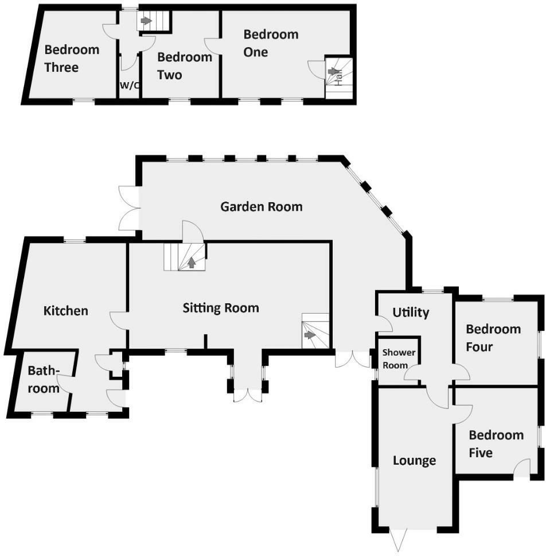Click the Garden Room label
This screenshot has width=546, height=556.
(262, 206)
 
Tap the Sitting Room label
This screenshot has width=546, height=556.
(221, 308)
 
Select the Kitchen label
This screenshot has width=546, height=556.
(65, 311)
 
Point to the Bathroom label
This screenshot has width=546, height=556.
(44, 380)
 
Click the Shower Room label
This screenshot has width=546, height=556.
(399, 358)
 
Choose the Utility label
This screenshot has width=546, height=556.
(411, 312)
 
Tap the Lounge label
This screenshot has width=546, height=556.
(414, 460)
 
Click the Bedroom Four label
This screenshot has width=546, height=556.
(493, 338)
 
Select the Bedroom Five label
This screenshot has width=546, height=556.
(496, 443)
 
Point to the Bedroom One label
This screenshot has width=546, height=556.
(271, 43)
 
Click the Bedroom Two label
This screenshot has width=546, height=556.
(185, 65)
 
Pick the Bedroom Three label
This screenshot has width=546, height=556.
(72, 58)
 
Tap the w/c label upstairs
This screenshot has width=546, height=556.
(130, 86)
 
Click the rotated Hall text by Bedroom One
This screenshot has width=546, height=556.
(339, 79)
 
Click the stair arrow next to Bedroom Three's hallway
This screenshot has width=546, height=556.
(146, 21)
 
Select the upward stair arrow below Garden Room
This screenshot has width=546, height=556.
(191, 262)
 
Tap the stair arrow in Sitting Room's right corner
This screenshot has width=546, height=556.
(310, 335)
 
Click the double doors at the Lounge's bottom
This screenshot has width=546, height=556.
(398, 539)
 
